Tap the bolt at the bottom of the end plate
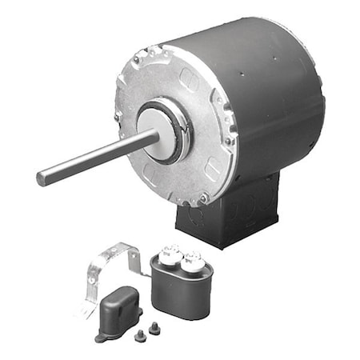pyautogui.click(x=204, y=198)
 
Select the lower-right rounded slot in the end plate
pyautogui.click(x=212, y=167)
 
